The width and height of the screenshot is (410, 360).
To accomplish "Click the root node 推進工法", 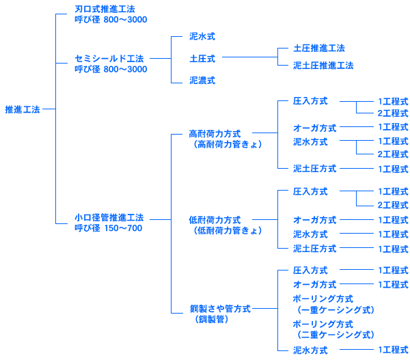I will tap(23, 109).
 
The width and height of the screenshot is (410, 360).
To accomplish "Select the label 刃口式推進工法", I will tap(105, 10).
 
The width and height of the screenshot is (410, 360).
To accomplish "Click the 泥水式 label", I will tap(202, 36).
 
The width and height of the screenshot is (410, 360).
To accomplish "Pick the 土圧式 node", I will tap(202, 58).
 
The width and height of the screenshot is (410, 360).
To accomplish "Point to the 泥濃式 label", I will tap(202, 80).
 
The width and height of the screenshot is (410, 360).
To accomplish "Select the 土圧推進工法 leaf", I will tap(318, 49).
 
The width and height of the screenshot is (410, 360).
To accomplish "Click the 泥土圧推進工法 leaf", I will tap(323, 66).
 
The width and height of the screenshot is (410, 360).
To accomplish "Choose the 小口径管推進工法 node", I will tap(109, 217).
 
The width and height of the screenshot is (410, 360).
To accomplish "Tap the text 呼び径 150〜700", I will tap(109, 228).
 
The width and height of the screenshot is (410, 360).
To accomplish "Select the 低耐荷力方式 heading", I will tap(215, 220).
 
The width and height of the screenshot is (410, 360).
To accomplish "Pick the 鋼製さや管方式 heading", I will tap(220, 309).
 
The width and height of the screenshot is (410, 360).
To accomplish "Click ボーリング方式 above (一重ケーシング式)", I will tap(323, 299).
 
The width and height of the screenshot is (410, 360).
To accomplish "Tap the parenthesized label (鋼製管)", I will tap(212, 319).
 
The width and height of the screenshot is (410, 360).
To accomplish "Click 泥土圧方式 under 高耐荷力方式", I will tap(314, 169).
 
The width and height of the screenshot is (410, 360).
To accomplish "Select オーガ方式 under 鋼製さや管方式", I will tap(314, 284).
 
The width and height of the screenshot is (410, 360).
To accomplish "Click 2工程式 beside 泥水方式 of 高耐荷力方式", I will tap(392, 154).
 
